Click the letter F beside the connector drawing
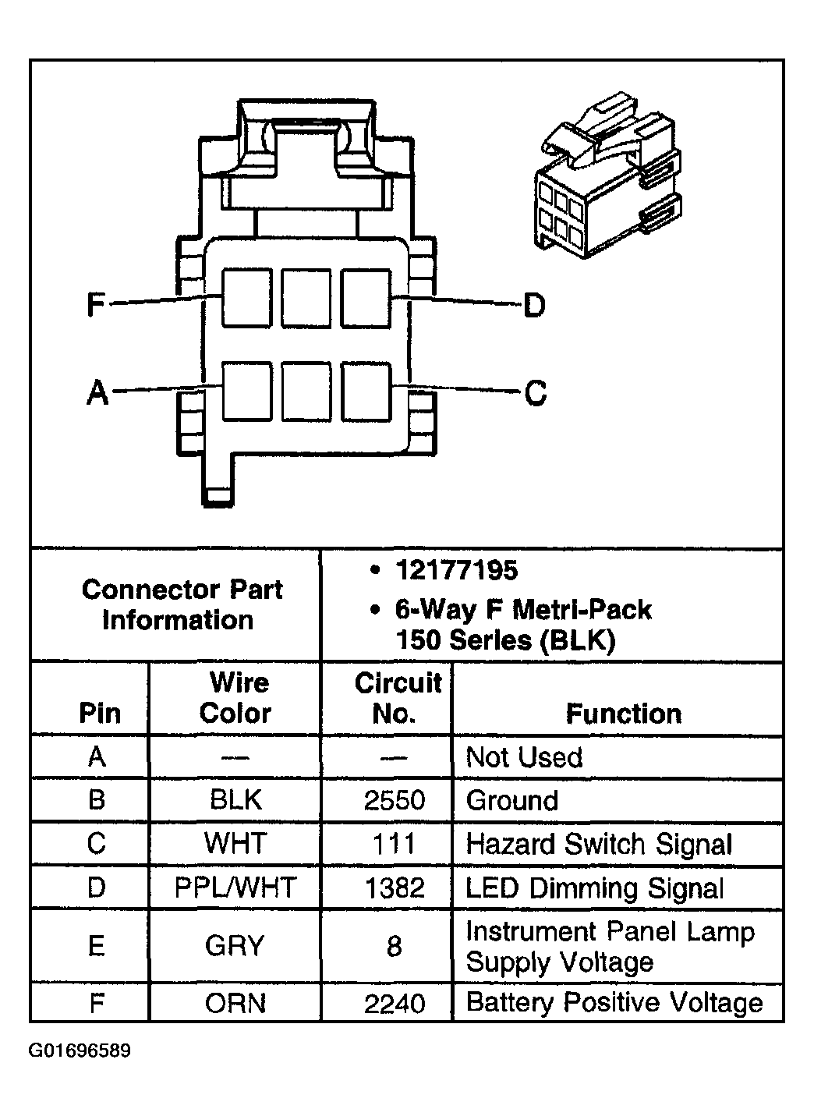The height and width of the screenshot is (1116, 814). pos(95,304)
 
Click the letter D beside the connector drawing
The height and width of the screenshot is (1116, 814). pos(534,305)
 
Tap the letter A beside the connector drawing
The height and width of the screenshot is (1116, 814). pos(97,391)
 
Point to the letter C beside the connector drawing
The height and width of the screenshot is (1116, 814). pos(536,392)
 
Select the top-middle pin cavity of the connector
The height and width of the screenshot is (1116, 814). pos(306,297)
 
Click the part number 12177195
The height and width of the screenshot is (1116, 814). pos(456,570)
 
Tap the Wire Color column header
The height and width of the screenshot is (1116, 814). pos(235,698)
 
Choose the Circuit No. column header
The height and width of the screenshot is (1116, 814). pos(397,698)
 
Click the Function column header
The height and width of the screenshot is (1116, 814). pos(623,714)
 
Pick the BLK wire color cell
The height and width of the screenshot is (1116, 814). pos(235,800)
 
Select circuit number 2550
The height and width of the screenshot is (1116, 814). pos(395,801)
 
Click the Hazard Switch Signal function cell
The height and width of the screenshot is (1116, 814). pos(599,845)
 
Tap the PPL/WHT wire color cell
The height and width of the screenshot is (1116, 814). pos(235,887)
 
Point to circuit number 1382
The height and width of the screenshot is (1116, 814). pos(395,888)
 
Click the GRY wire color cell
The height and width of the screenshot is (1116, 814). pos(235,946)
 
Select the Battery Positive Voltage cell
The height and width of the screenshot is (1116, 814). pos(614,1002)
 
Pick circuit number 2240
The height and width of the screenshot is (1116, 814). pos(395,1003)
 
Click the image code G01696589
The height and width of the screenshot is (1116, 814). pos(80,1050)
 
